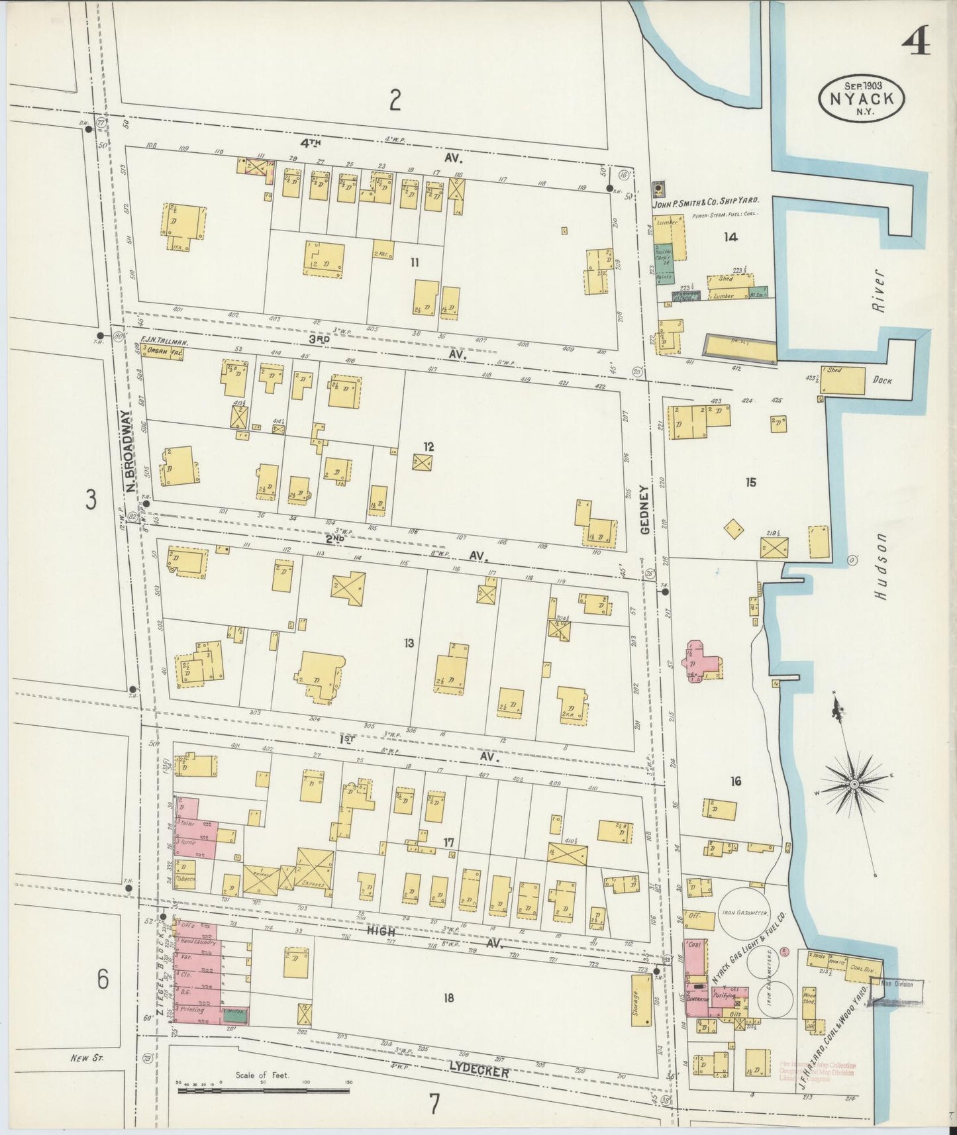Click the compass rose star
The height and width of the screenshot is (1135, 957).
(x=854, y=784)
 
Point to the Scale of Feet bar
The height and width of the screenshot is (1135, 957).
(x=264, y=1089)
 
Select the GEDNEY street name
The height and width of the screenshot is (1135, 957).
(x=646, y=509)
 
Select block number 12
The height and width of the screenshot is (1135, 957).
(x=429, y=446)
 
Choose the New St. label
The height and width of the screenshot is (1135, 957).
(x=85, y=1058)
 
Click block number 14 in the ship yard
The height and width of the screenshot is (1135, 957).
(x=730, y=237)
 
